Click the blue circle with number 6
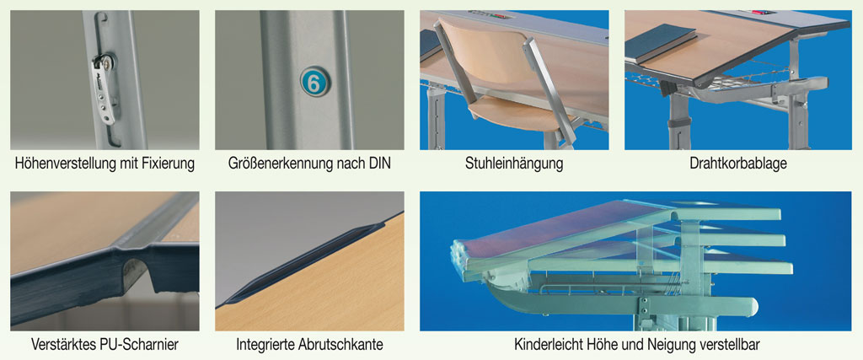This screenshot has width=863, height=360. [314, 83]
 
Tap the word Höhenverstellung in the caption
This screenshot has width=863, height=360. [64, 164]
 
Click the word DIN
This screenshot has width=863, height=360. [378, 164]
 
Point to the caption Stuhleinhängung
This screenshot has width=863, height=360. [514, 164]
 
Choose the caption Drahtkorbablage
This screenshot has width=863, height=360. [738, 164]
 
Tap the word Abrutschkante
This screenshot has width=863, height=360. [340, 345]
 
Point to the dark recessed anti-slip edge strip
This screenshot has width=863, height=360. [303, 263]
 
